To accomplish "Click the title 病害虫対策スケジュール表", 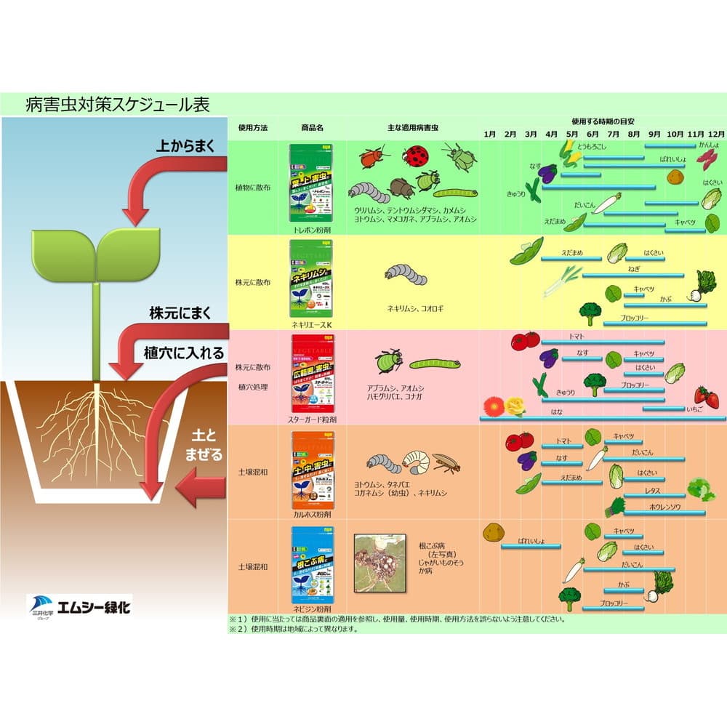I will tap(117, 104).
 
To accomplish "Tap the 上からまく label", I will tap(185, 145).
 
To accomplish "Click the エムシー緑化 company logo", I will tap(79, 605).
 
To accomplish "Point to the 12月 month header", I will tap(716, 134).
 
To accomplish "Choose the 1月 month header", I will tap(489, 134).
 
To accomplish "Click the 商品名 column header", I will tap(311, 126).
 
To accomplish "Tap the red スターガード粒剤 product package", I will tap(311, 374).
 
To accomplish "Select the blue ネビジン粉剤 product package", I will tap(311, 563).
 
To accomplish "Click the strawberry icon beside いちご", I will tap(706, 397).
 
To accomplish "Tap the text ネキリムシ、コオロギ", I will tap(415, 308).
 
